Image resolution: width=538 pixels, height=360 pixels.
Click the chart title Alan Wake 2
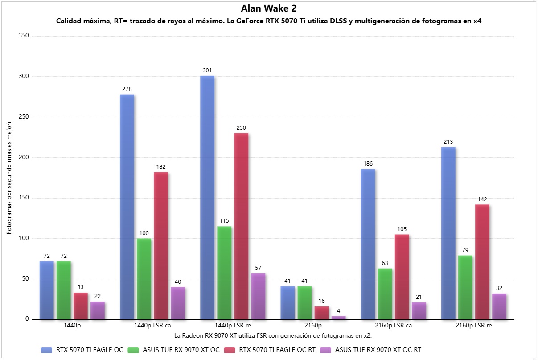(268, 8)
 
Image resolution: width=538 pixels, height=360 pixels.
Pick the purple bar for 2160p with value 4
(338, 318)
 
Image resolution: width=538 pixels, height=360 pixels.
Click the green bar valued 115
(224, 273)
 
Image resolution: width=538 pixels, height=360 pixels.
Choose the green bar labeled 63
(385, 294)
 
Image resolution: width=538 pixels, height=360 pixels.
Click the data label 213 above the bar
(448, 142)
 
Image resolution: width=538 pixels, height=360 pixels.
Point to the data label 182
(161, 167)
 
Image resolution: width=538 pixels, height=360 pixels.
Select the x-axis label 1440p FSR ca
(152, 326)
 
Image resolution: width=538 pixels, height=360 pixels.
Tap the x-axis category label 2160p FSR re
(474, 326)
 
